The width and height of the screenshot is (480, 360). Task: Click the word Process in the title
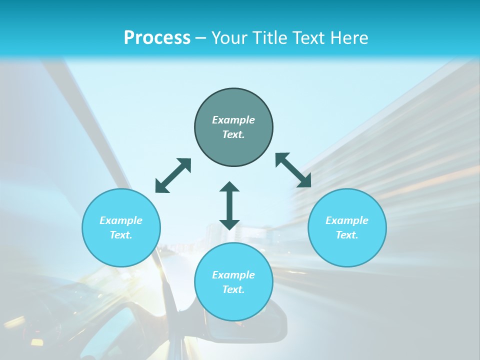coord(157,38)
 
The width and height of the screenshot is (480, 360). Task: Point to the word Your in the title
coord(230,38)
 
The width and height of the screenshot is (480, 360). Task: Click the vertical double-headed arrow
coord(229,205)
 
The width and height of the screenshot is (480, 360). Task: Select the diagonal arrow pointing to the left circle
coord(173,175)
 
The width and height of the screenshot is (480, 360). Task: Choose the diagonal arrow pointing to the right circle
coord(293,170)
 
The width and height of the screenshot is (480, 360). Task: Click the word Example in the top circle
coord(233,120)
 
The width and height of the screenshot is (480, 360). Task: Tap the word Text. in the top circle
coord(233,134)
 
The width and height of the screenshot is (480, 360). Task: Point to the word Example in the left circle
coord(121,220)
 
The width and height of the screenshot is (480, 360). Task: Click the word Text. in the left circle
coord(121,235)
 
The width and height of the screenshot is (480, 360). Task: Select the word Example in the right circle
coord(347,220)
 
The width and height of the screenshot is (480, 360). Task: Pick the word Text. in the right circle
coord(347,235)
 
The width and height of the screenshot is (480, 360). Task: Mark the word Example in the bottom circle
coord(233,275)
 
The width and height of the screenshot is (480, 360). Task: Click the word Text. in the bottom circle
coord(233,289)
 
